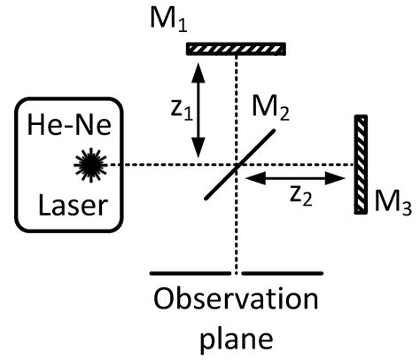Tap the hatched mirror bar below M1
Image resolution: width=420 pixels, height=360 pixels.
point(235,48)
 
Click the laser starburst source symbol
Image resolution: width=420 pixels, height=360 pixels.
point(89,163)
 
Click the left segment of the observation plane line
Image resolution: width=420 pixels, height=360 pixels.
point(191,273)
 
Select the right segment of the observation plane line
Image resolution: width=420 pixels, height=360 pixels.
point(283,273)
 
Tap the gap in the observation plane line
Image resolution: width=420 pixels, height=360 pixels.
point(237,273)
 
